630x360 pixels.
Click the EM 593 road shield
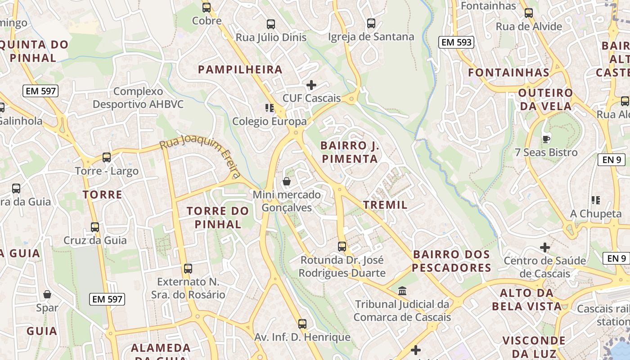tap(456, 42)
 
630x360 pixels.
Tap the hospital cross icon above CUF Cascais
tap(311, 85)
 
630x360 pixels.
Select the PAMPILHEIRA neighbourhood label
tap(240, 69)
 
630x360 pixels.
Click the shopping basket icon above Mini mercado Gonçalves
tap(286, 181)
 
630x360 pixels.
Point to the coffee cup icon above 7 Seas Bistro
tap(546, 139)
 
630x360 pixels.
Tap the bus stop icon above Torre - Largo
tap(107, 157)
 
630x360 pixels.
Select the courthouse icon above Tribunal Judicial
tap(402, 291)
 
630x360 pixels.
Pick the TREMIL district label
tap(385, 205)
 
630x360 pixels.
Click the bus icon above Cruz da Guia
tap(95, 227)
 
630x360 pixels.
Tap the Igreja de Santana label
tap(371, 37)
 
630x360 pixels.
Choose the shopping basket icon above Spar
tap(47, 294)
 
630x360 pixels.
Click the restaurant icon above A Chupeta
tap(596, 200)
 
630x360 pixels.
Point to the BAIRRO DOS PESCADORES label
tap(452, 261)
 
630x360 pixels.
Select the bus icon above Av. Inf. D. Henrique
tap(302, 324)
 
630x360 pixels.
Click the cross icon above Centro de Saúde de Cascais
tap(545, 247)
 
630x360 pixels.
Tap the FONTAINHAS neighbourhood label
tap(509, 72)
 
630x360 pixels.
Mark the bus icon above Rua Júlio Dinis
tap(271, 24)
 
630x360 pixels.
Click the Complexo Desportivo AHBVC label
tap(138, 98)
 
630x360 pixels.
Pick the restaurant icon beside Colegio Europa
tap(270, 108)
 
